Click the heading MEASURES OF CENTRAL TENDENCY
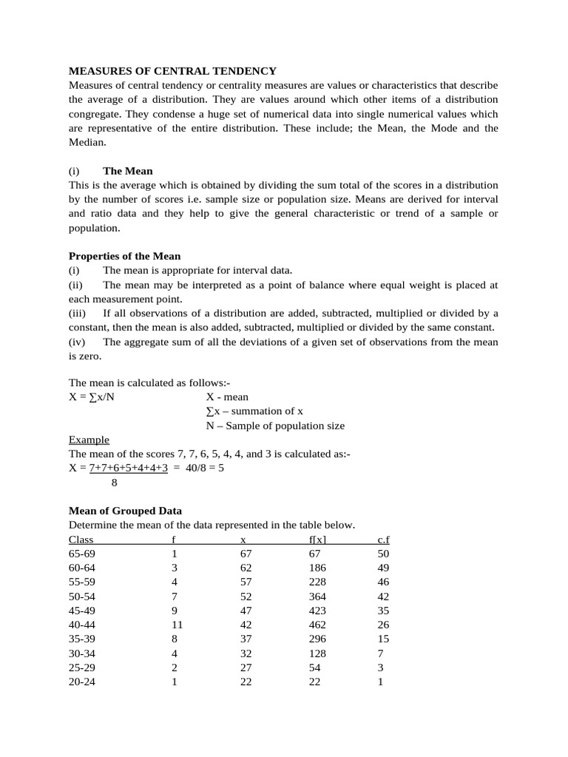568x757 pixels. (x=172, y=71)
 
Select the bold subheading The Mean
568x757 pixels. (x=128, y=171)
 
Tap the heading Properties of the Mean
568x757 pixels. (x=124, y=257)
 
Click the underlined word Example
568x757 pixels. (x=89, y=440)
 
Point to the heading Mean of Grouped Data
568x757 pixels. (x=125, y=511)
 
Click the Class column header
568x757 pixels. (x=81, y=540)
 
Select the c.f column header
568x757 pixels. (x=382, y=540)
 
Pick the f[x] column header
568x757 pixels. (x=317, y=540)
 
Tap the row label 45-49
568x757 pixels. (x=82, y=611)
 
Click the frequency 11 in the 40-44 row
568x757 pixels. (x=177, y=625)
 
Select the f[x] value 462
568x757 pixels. (x=317, y=625)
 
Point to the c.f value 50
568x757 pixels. (x=382, y=554)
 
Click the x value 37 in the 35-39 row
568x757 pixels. (x=246, y=639)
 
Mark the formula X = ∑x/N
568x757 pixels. (x=92, y=397)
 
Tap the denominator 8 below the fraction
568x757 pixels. (x=114, y=483)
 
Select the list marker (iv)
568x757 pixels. (x=78, y=342)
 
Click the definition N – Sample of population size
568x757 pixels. (x=275, y=426)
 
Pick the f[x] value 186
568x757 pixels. (x=317, y=568)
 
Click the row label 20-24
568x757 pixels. (x=82, y=682)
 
